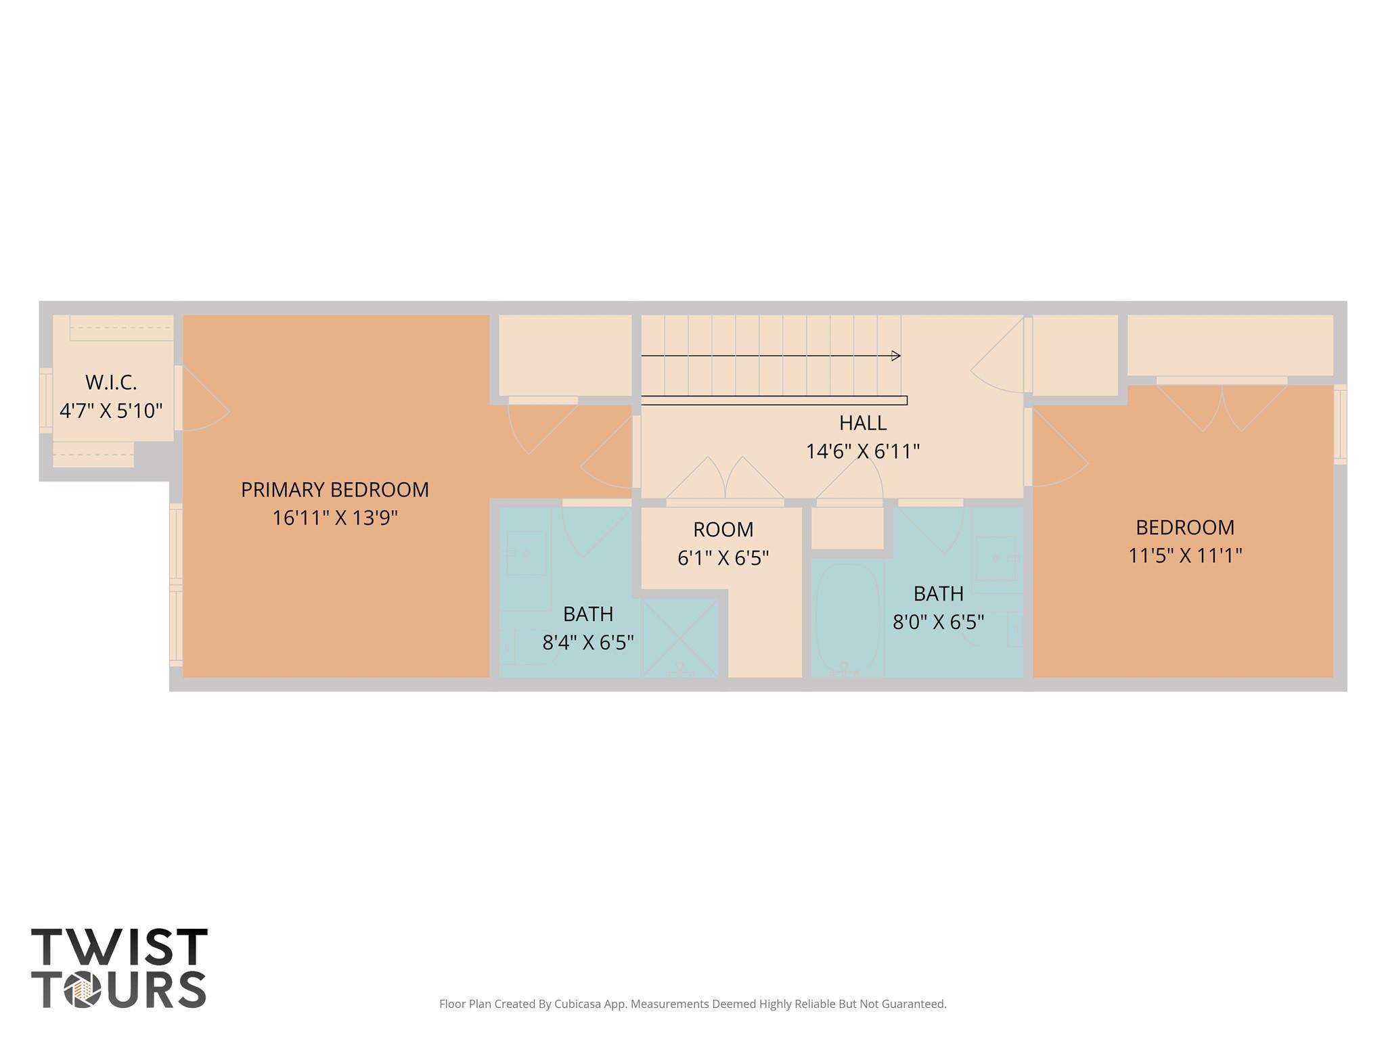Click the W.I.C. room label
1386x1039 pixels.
(111, 382)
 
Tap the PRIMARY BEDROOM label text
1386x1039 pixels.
(334, 490)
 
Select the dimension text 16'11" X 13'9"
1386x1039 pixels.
(334, 518)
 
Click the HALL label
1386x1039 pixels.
(862, 423)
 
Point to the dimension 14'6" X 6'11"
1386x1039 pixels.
(862, 451)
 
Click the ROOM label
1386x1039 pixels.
(723, 529)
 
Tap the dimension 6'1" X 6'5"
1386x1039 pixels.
(723, 558)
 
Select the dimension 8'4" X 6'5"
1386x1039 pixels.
(587, 642)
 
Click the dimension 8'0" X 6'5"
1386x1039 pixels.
(938, 622)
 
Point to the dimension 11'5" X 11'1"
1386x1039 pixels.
(1184, 555)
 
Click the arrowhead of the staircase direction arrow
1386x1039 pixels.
(897, 356)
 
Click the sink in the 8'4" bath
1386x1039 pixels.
(526, 553)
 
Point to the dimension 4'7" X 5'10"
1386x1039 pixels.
(111, 411)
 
